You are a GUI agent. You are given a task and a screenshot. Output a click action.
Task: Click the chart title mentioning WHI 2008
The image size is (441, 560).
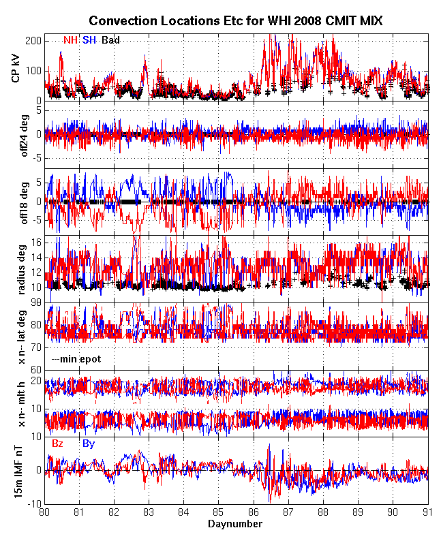236,21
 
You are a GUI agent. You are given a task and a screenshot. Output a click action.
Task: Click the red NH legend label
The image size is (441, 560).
70,41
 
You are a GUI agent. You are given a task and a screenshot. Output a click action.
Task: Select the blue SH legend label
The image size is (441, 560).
89,41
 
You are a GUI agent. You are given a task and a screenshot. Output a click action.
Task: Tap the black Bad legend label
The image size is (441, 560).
110,41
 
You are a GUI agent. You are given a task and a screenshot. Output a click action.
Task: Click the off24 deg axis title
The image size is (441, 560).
16,134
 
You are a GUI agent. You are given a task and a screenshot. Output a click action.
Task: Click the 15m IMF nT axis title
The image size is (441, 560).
16,471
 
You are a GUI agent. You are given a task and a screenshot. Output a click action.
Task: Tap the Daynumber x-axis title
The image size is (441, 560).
235,524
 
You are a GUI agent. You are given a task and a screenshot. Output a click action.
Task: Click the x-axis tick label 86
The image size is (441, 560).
254,512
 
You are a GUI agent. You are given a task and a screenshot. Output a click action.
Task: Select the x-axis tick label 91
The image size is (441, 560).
427,512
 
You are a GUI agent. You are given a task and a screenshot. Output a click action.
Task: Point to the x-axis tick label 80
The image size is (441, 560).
45,512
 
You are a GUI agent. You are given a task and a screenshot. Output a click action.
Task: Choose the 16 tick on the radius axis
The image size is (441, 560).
36,243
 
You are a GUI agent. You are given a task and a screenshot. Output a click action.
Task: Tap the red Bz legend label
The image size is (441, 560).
58,444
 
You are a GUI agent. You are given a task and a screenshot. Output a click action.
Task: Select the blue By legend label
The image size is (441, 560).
89,444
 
